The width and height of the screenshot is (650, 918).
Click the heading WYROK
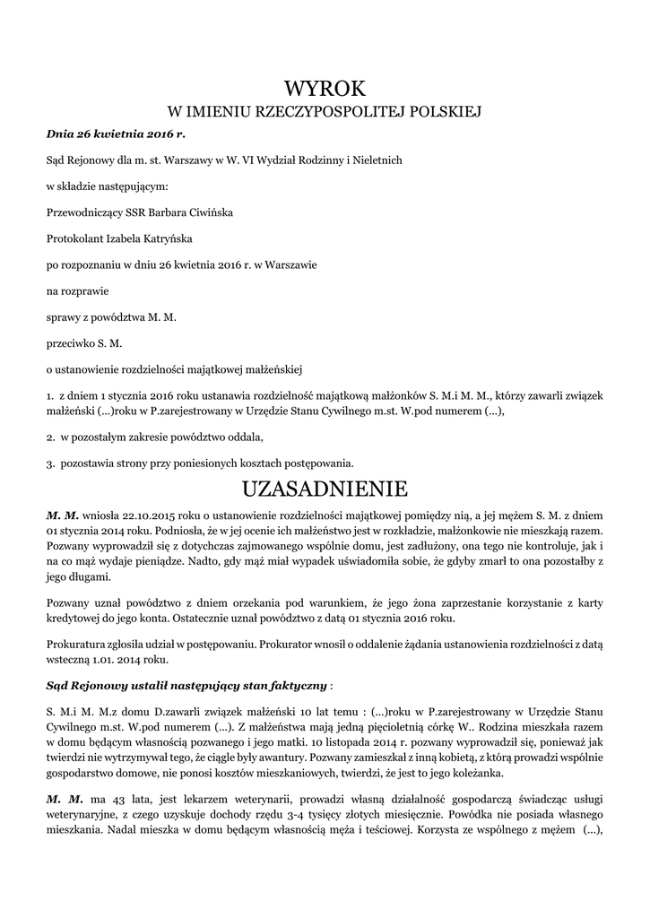coord(325,88)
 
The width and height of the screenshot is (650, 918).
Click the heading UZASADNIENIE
coord(325,489)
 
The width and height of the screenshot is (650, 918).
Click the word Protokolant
coord(75,239)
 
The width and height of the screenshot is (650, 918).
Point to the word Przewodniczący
coord(84,213)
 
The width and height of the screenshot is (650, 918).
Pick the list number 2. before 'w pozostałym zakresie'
coord(50,437)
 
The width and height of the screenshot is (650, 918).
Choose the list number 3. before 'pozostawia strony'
coord(50,463)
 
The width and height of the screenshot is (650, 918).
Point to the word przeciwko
coord(72,342)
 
